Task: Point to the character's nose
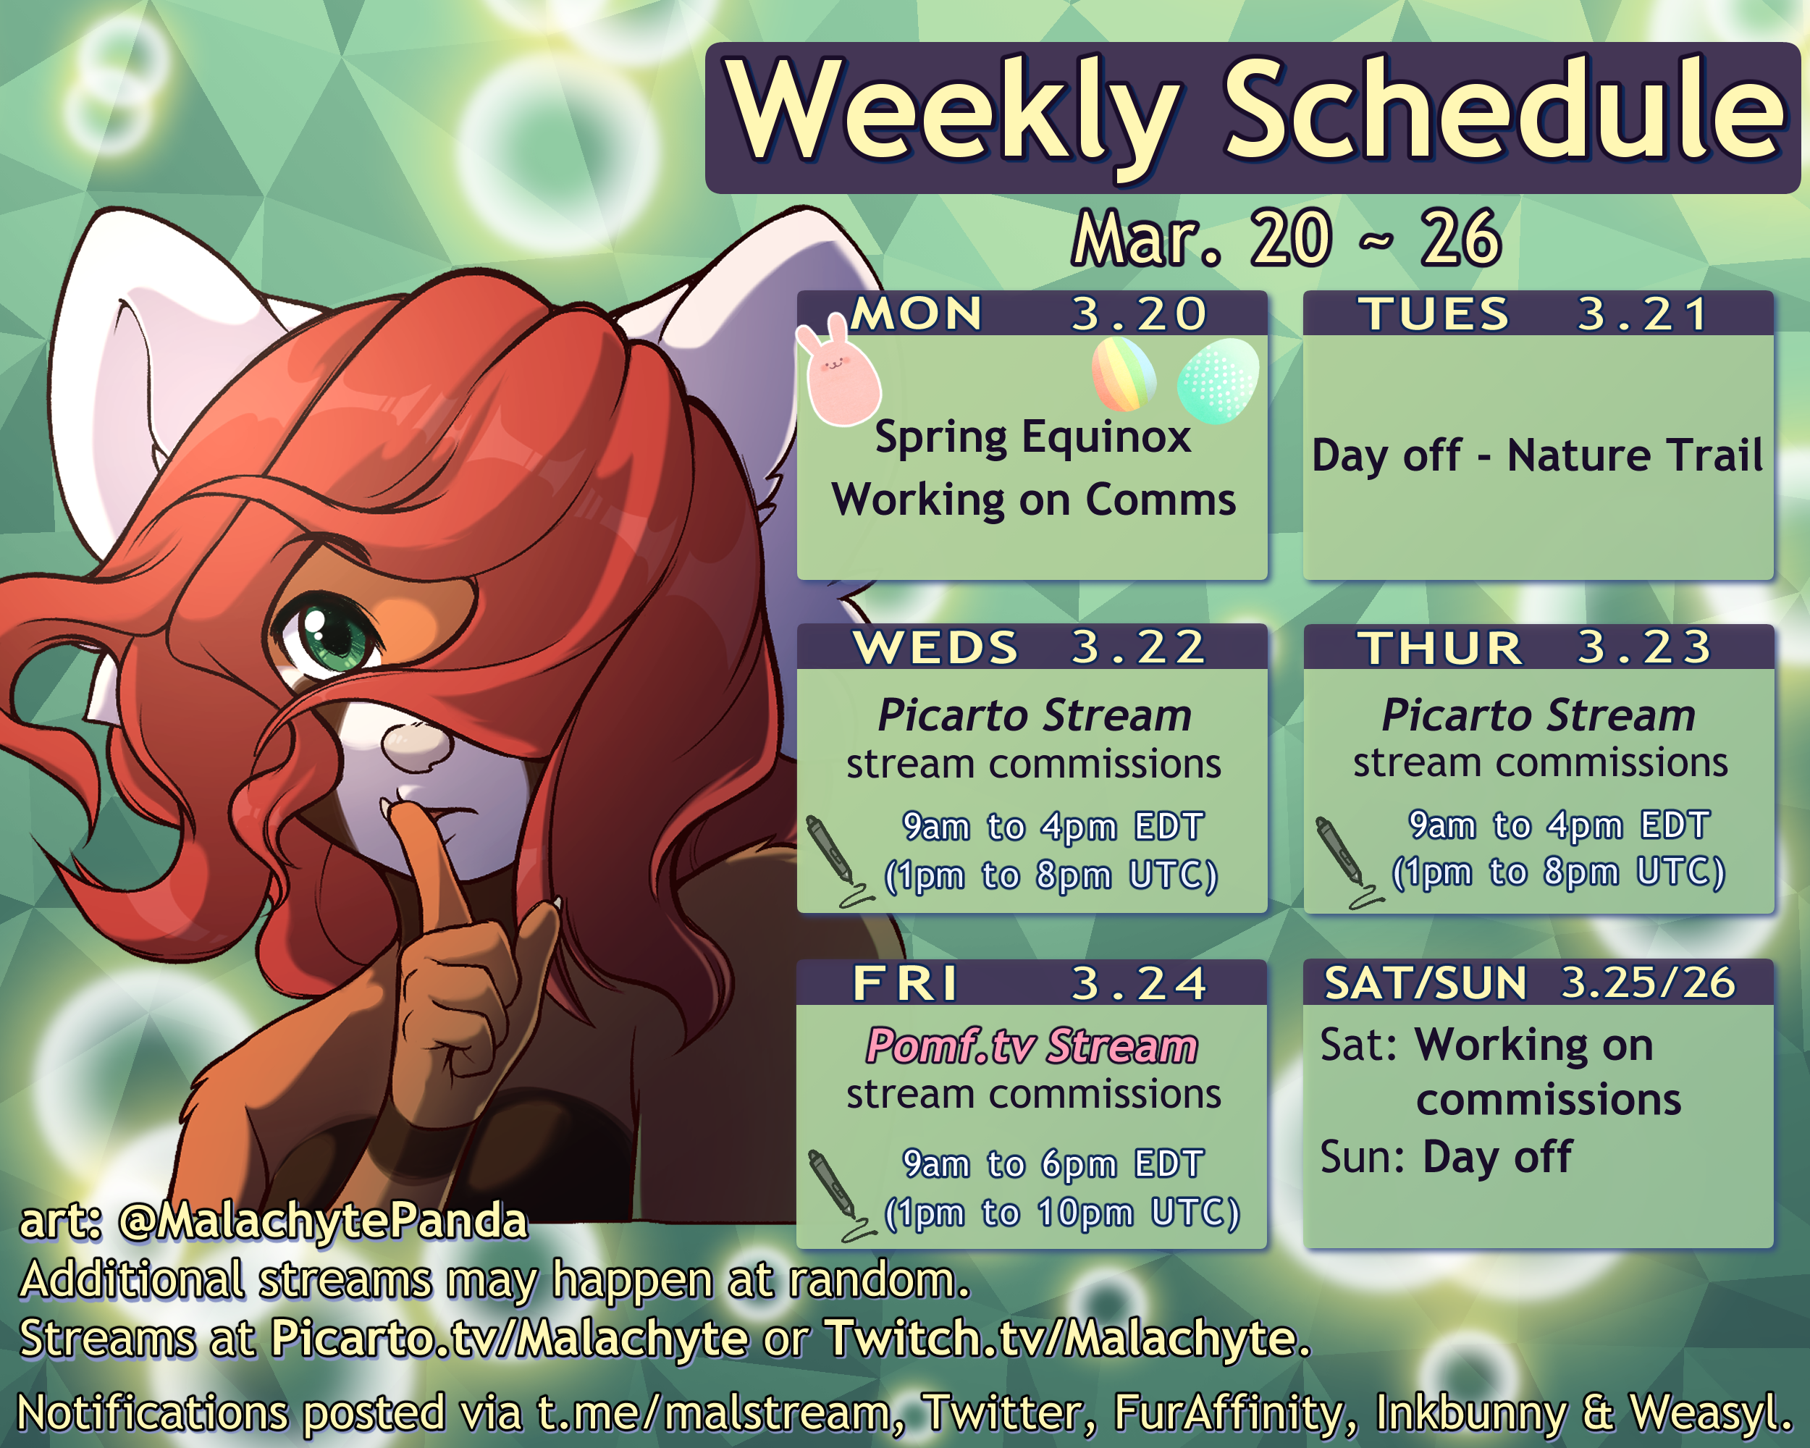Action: tap(416, 742)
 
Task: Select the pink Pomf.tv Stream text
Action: tap(1032, 1046)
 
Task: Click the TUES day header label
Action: tap(1434, 314)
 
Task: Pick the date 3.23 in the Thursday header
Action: tap(1645, 647)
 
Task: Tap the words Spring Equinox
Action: tap(1032, 438)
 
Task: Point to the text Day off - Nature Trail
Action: tap(1537, 456)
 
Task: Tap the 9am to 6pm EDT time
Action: tap(1053, 1164)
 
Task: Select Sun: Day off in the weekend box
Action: tap(1446, 1157)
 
